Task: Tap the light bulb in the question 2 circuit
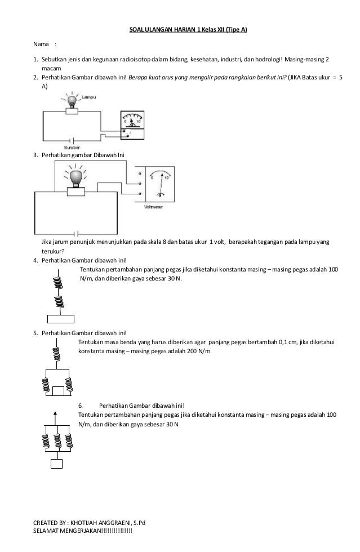coord(72,102)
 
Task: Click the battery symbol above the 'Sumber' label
coord(71,139)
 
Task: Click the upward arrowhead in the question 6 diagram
coord(55,413)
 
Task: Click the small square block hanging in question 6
coord(56,464)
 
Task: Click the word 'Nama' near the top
coord(41,44)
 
